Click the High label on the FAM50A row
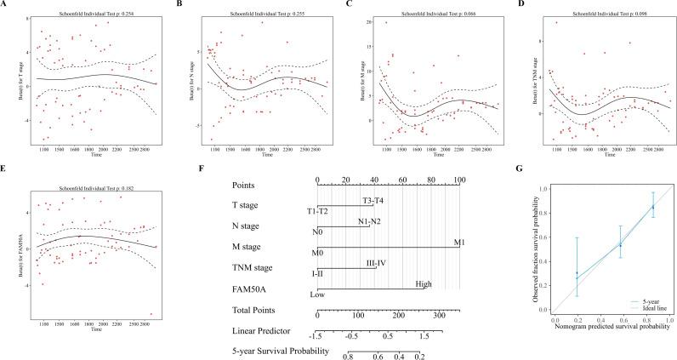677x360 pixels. (x=423, y=285)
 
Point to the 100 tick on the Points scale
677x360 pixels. (x=459, y=180)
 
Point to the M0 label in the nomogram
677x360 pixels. (x=317, y=253)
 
